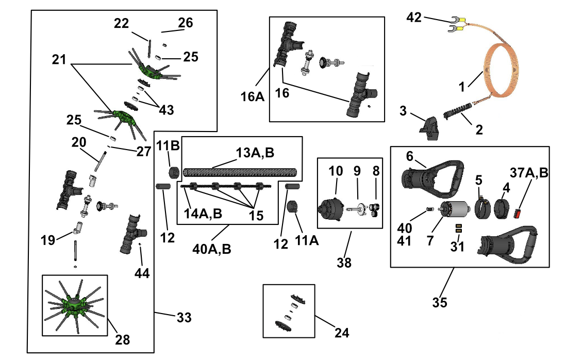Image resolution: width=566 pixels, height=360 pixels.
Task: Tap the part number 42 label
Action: (414, 18)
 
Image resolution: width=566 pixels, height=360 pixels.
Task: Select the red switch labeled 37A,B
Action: (518, 214)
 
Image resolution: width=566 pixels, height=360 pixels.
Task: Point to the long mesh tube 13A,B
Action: (240, 172)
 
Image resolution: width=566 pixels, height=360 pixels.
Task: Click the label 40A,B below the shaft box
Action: (212, 249)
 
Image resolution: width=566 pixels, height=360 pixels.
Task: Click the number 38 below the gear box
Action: (344, 263)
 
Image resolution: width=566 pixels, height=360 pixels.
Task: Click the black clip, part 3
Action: (429, 128)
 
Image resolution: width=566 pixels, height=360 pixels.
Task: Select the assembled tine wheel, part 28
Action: (75, 305)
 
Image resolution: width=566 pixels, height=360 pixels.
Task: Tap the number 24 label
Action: (341, 332)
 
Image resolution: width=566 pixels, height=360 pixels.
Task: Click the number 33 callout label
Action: (184, 317)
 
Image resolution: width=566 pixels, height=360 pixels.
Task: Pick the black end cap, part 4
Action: (501, 209)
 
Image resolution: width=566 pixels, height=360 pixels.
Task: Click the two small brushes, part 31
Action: (459, 228)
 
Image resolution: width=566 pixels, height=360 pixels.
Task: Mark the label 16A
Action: (252, 96)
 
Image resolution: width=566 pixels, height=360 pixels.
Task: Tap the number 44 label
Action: (142, 273)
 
